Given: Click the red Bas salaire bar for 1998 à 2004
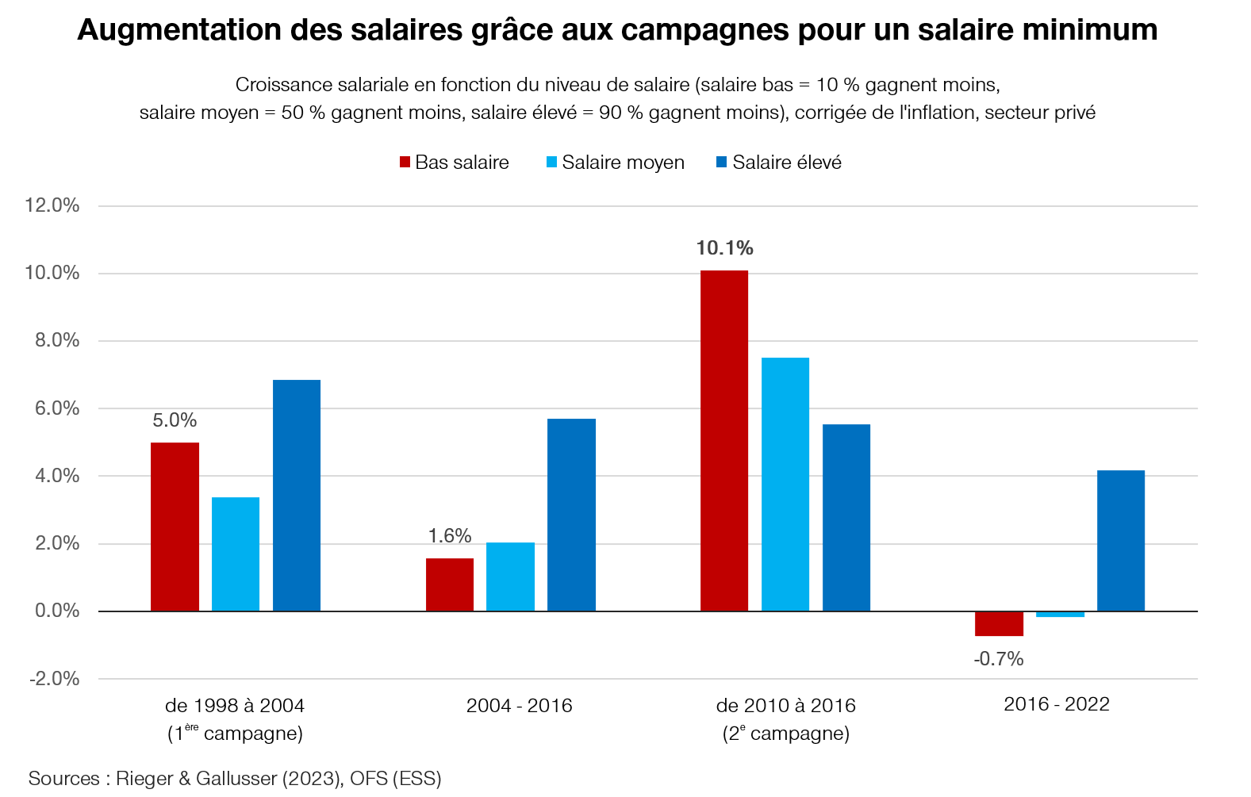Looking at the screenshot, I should point(175,527).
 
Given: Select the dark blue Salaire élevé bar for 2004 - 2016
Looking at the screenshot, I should point(571,515).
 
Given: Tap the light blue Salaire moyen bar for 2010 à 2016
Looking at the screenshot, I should point(785,484).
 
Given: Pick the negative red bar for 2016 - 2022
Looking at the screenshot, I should point(999,623).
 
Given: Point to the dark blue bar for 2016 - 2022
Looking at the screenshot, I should point(1120,540).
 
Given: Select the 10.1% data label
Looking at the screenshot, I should point(724,248).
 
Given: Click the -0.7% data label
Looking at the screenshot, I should point(999,659).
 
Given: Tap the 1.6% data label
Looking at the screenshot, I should point(450,536).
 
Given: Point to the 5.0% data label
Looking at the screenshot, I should point(175,420).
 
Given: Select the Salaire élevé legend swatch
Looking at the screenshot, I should point(721,163).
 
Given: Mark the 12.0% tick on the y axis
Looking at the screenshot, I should point(52,205).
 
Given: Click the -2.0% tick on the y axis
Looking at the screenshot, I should point(54,679).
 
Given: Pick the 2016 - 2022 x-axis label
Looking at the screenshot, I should point(1056,704).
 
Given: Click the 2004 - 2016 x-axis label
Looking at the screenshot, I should point(519,706).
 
